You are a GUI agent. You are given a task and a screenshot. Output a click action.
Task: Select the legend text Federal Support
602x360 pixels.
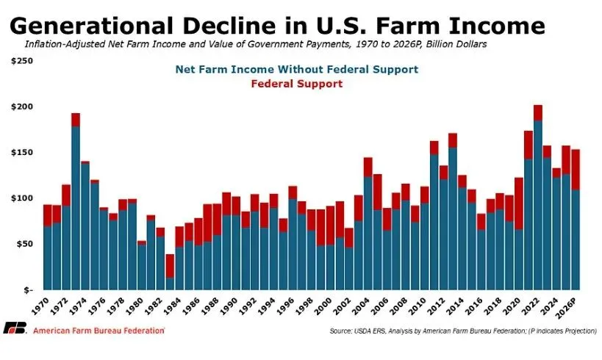(296, 84)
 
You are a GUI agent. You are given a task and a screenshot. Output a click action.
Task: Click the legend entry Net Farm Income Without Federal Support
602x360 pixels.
(296, 70)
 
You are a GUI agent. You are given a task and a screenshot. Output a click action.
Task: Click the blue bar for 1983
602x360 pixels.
(170, 283)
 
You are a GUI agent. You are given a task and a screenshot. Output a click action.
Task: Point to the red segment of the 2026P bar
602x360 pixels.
(575, 170)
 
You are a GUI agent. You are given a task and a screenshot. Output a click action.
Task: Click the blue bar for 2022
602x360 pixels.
(537, 205)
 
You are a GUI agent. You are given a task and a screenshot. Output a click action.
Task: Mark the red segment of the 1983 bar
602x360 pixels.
(170, 265)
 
